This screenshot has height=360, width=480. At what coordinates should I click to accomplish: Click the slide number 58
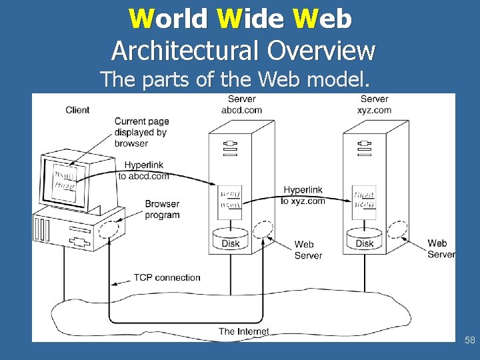tap(470, 341)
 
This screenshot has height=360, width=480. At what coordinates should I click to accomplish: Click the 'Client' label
tap(77, 110)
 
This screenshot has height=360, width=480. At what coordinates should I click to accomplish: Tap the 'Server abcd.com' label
tap(241, 105)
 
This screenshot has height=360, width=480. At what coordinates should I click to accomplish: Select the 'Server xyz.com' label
tap(374, 105)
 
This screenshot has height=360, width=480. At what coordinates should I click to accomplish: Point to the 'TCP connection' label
tap(167, 277)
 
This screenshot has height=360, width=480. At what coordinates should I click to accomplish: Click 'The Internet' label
tap(244, 331)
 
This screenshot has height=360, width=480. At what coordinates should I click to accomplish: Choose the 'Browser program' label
tap(162, 209)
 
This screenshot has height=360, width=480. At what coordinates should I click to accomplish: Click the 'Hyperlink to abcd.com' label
tap(143, 171)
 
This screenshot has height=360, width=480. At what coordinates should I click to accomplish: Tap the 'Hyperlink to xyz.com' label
tap(303, 195)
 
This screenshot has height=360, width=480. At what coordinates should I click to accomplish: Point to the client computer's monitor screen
tap(65, 180)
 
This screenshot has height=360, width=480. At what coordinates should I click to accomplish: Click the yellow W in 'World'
tap(141, 19)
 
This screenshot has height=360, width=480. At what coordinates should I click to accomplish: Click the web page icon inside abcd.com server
tap(231, 199)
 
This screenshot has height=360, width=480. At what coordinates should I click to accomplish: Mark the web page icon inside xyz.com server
tap(365, 199)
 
